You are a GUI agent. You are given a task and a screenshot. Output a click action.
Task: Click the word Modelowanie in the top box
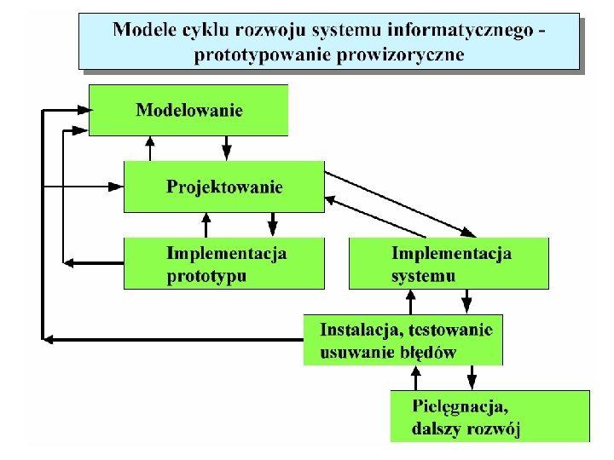[x=189, y=110]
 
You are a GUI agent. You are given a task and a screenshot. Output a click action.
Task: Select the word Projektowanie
[x=224, y=187]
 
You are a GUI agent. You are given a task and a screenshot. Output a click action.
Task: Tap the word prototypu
[x=206, y=276]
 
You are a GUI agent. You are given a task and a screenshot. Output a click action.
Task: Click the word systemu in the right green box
[x=424, y=276]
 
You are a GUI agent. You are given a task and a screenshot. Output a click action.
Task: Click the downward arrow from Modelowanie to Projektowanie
[x=228, y=148]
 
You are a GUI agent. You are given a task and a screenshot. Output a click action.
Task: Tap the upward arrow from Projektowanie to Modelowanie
[x=151, y=148]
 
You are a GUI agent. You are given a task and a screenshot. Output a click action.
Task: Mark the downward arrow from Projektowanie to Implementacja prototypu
[x=273, y=225]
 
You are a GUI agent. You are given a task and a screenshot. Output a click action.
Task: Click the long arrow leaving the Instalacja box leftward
[x=171, y=339]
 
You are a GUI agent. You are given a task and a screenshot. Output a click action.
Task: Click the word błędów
[x=427, y=352]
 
